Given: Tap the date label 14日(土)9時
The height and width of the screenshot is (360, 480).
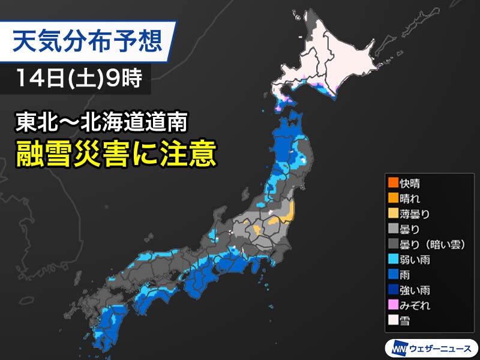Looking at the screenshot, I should pyautogui.click(x=75, y=79).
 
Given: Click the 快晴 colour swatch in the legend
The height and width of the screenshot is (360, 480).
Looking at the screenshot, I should pyautogui.click(x=395, y=183).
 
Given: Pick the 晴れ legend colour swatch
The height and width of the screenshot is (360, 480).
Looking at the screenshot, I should pyautogui.click(x=395, y=198).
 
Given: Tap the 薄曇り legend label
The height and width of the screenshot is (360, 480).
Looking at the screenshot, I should pyautogui.click(x=417, y=214).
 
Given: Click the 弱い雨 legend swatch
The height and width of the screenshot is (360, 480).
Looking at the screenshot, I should pyautogui.click(x=395, y=260).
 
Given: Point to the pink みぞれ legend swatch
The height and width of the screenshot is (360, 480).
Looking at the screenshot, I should pyautogui.click(x=395, y=306).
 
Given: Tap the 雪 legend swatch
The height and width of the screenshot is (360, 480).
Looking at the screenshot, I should pyautogui.click(x=395, y=321).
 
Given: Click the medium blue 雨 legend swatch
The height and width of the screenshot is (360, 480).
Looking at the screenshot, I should pyautogui.click(x=395, y=275).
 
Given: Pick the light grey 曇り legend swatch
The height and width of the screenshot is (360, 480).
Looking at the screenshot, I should pyautogui.click(x=395, y=229).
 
